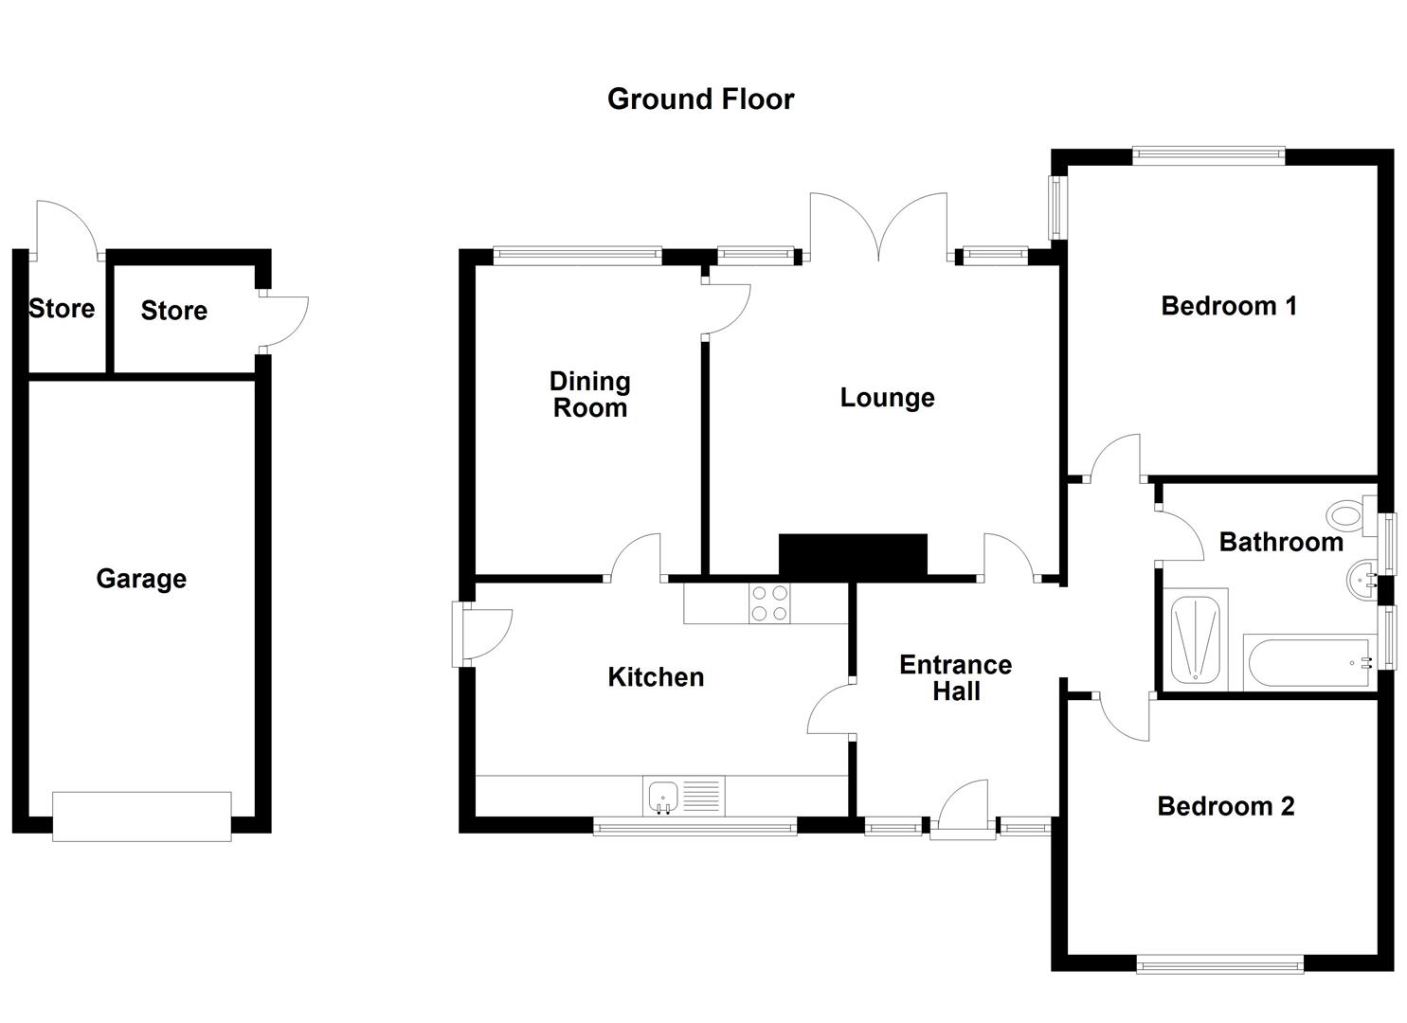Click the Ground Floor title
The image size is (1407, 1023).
coord(700,99)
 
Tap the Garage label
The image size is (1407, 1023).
coord(141,579)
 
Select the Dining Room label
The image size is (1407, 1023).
coord(589,395)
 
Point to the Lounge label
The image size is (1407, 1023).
coord(887,398)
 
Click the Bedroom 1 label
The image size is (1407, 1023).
coord(1228,306)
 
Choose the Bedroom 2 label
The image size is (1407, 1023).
coord(1225,806)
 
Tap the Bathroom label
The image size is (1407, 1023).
coord(1280,542)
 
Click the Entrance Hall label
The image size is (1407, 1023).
coord(955,678)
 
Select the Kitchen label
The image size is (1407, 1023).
coord(656,677)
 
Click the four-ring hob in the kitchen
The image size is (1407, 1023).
coord(769,603)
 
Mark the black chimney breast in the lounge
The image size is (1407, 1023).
coord(852,555)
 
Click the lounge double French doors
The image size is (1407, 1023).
coord(878,227)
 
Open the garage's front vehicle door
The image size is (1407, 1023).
coord(141,817)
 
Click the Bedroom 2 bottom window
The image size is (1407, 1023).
coord(1219,964)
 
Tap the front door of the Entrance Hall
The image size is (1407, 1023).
coord(963,810)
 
